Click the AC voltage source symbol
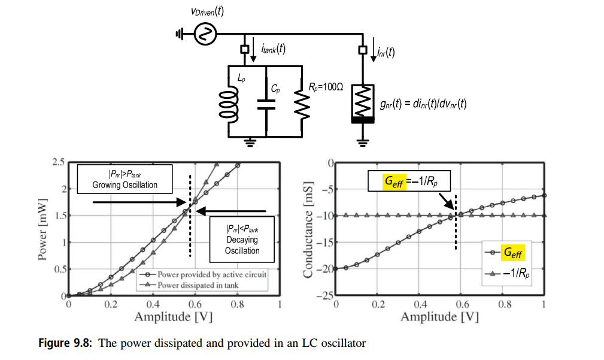pos(205,34)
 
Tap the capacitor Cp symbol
pos(266,104)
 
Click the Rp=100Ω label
pos(326,87)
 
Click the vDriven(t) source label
pos(207,11)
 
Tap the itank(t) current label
pos(273,49)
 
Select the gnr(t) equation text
pos(423,104)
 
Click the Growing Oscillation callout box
pos(125,179)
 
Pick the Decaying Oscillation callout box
pos(242,240)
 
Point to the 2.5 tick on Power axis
pos(59,162)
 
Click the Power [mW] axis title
pos(43,230)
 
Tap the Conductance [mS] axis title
pos(308,230)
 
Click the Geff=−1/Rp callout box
pos(409,181)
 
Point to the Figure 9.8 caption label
pos(65,343)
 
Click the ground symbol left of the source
pos(180,34)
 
